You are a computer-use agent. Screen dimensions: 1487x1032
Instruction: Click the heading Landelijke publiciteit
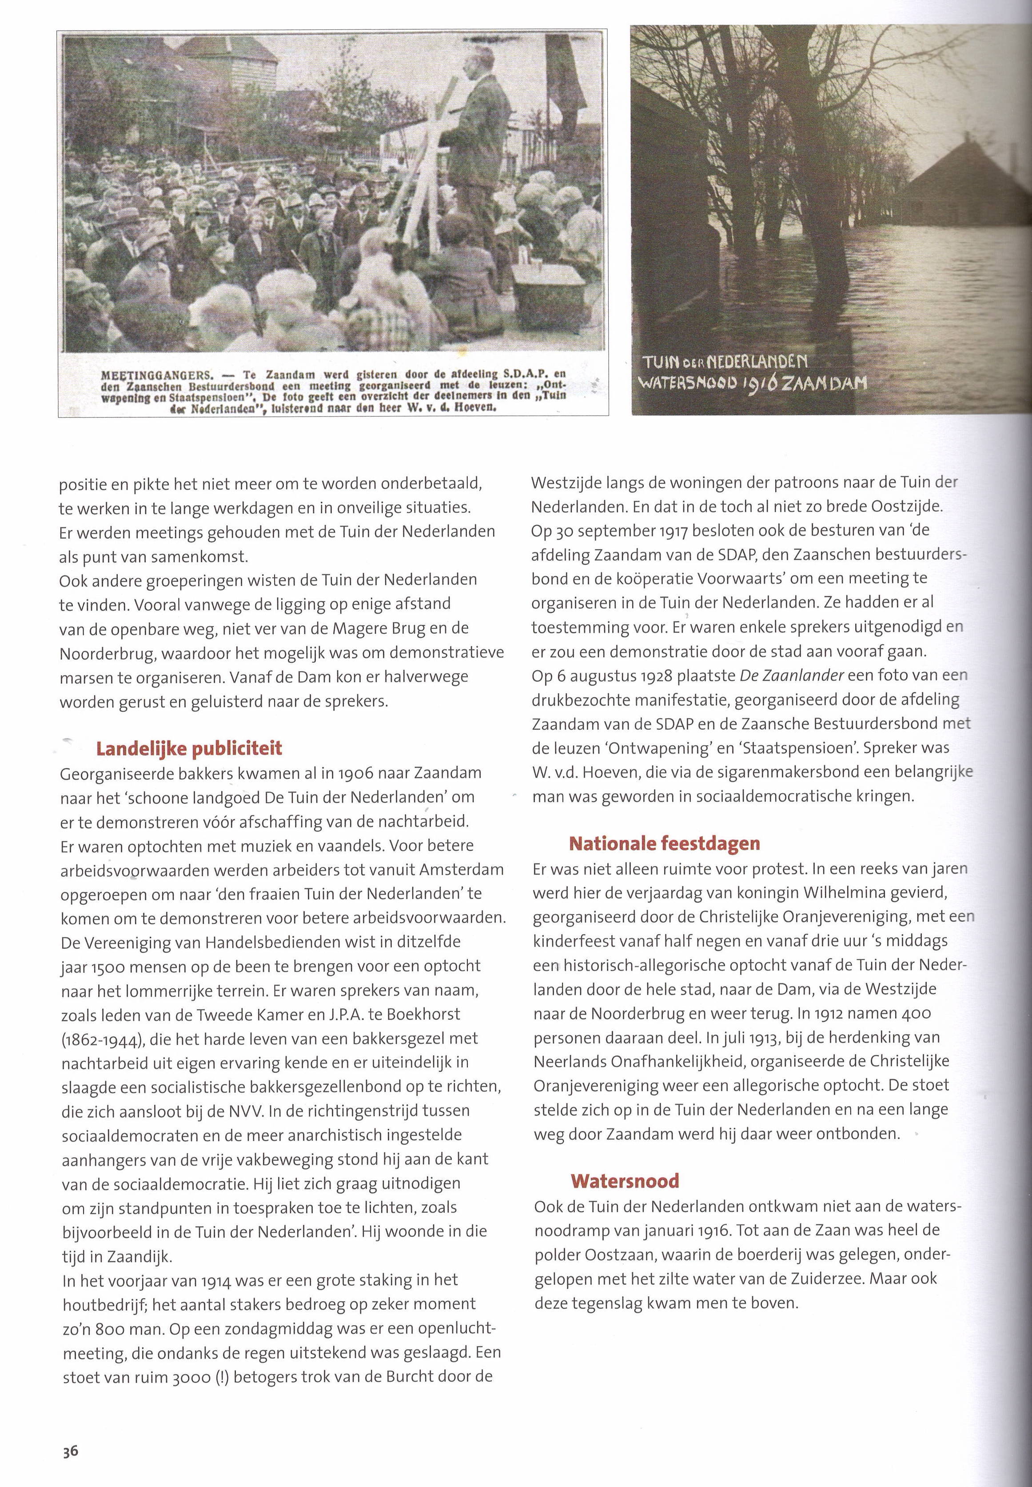pos(189,749)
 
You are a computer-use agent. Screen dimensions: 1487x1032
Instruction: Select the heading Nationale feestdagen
pos(664,843)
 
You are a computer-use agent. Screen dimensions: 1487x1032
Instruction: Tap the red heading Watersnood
pos(625,1182)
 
